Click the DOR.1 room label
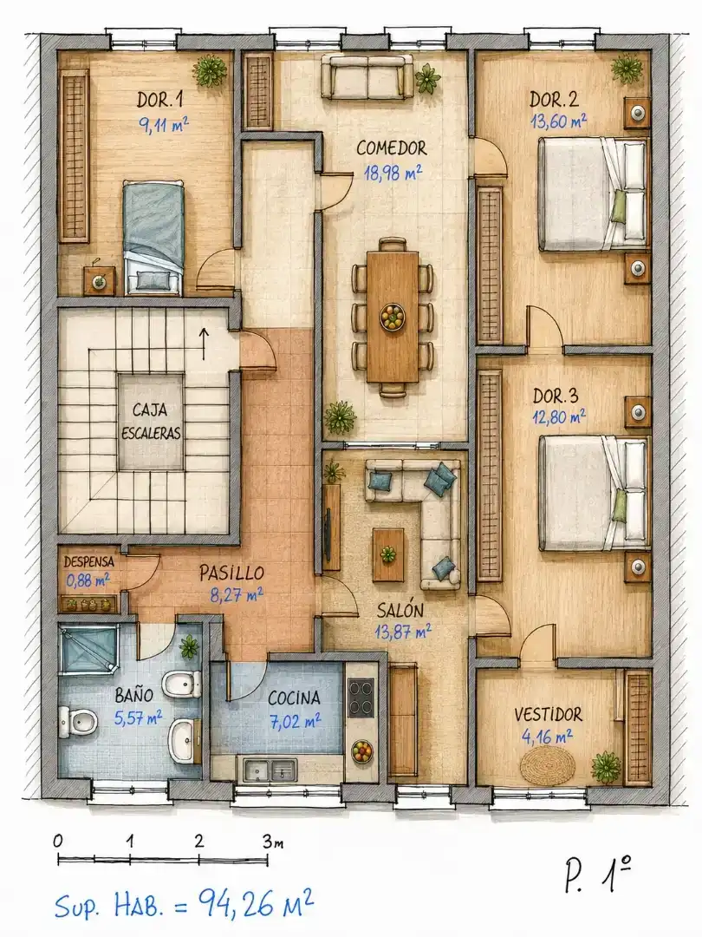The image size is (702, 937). pos(160,100)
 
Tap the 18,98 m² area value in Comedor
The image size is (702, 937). pos(393,173)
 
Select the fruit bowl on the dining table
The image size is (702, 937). pos(393,316)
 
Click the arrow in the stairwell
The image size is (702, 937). pos(205,344)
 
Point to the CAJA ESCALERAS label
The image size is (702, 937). pos(151,422)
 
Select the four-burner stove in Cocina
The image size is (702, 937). pos(361,698)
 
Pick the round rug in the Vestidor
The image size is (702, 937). pos(547,764)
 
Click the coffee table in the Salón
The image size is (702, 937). pos(388,554)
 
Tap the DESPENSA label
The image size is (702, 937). pos(89,561)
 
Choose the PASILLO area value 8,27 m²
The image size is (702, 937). pos(237,594)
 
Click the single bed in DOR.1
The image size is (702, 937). pos(153,238)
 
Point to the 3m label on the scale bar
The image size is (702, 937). pos(273,842)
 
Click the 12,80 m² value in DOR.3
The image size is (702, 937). pos(559,416)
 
